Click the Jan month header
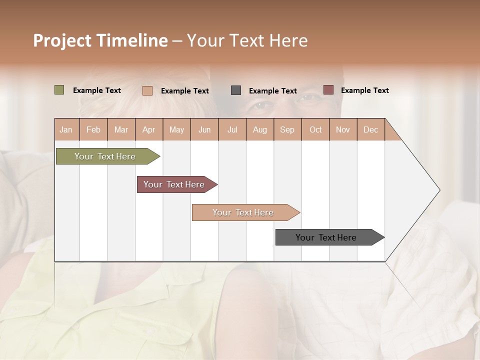pyautogui.click(x=66, y=129)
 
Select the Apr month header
pyautogui.click(x=149, y=129)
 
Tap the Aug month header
pyautogui.click(x=260, y=129)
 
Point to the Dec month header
pyautogui.click(x=371, y=129)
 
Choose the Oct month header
pyautogui.click(x=315, y=129)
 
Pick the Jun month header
pyautogui.click(x=204, y=129)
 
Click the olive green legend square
pyautogui.click(x=59, y=90)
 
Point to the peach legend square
pyautogui.click(x=147, y=90)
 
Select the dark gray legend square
pyautogui.click(x=235, y=90)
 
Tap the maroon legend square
pyautogui.click(x=328, y=90)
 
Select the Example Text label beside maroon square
pyautogui.click(x=364, y=90)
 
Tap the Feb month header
pyautogui.click(x=93, y=129)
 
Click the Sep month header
pyautogui.click(x=287, y=129)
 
